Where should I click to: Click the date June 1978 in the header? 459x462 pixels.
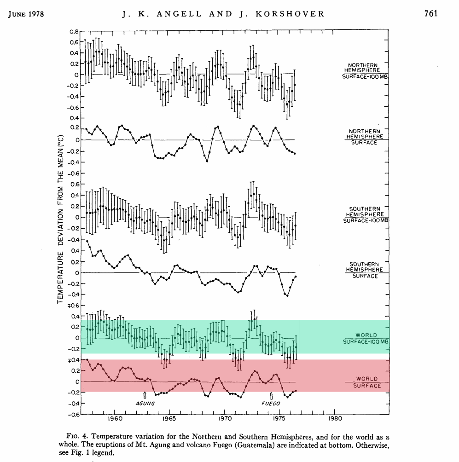coord(26,13)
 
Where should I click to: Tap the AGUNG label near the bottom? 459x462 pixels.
coord(145,404)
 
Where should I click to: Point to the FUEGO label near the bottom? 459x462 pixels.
coord(271,404)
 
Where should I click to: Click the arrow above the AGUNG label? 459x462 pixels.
coord(145,395)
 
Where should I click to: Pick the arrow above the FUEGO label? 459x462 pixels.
coord(271,395)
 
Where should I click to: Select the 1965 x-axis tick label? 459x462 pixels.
coord(169,419)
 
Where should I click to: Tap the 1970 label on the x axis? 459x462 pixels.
coord(225,419)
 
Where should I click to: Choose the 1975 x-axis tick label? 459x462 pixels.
coord(280,419)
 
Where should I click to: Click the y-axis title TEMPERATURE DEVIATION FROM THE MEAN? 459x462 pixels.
coord(60,219)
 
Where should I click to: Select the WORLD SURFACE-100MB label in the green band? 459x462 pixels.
coord(366,339)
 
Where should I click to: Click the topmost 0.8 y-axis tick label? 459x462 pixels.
coord(74,32)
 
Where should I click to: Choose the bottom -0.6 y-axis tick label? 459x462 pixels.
coord(73,414)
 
